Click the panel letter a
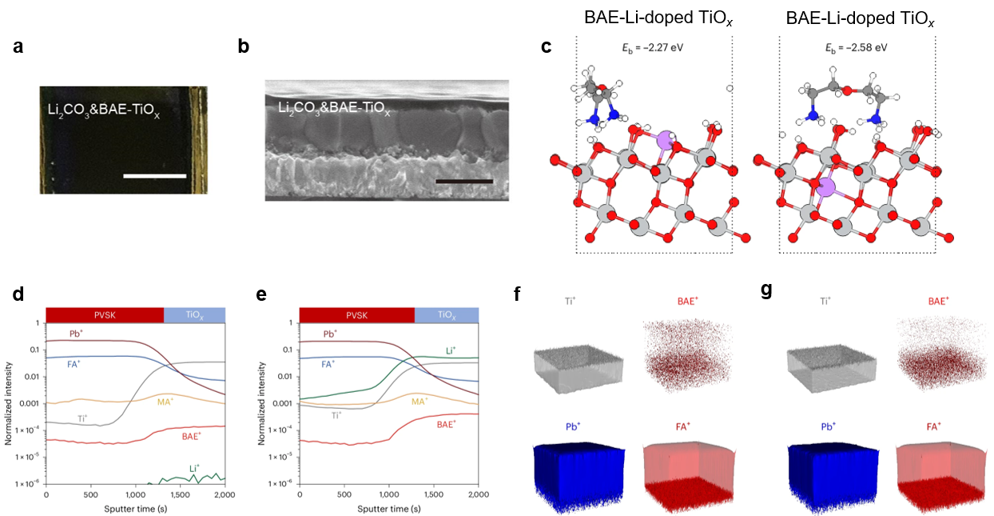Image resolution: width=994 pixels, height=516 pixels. [x=18, y=47]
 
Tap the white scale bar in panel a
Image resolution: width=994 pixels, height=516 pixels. [x=157, y=176]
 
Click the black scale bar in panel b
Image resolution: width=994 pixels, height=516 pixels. [x=464, y=181]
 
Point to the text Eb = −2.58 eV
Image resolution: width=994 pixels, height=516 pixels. [x=856, y=47]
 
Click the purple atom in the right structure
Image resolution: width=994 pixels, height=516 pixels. [x=826, y=189]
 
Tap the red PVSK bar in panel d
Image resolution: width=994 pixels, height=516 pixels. [x=105, y=314]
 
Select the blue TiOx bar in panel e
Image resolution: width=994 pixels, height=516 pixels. [x=446, y=315]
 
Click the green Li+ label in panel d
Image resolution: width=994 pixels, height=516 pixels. [x=195, y=467]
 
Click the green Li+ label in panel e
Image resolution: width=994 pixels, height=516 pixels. [x=451, y=350]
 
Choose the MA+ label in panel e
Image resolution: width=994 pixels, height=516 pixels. [x=421, y=399]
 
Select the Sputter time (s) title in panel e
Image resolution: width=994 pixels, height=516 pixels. [x=388, y=507]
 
